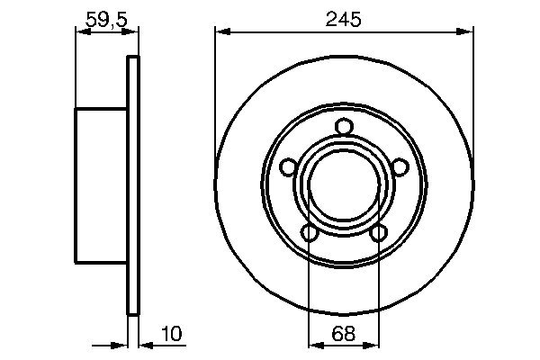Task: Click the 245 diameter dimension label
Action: pos(344,18)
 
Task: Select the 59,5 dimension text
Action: pos(107,18)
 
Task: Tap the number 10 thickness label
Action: pos(172,334)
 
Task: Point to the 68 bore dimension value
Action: pos(344,334)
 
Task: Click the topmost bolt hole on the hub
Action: pos(344,127)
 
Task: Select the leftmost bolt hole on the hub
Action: pos(288,166)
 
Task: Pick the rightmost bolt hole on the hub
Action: pos(400,166)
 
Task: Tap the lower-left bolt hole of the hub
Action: pos(310,233)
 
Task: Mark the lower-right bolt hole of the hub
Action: pos(378,233)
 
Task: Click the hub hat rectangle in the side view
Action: pos(101,184)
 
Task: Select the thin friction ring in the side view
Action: pos(134,184)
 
